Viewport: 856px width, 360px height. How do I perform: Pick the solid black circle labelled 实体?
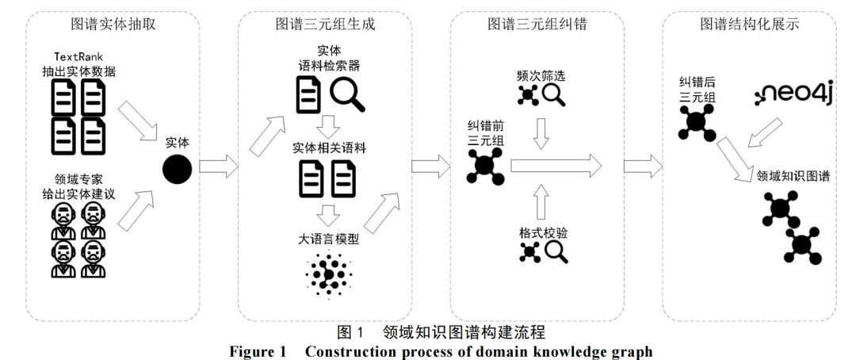point(178,168)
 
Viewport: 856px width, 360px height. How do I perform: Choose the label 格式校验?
point(542,233)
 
